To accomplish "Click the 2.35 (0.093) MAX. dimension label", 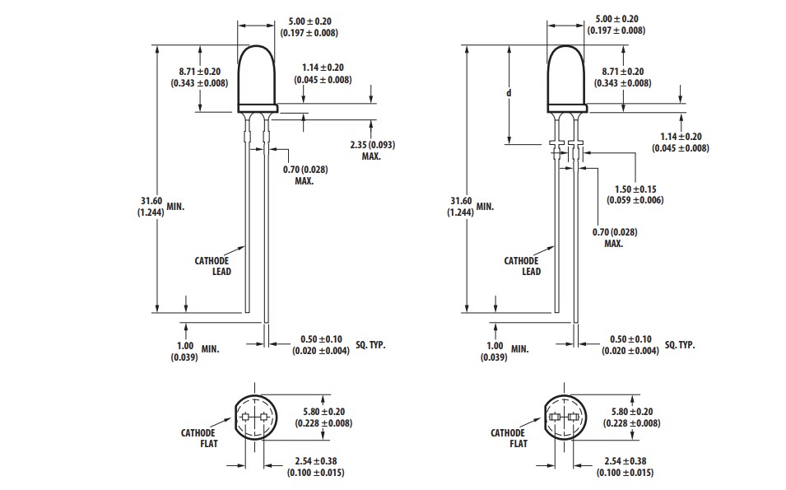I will tap(372, 150).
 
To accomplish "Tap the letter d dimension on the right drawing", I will tap(509, 93).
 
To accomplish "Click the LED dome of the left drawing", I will tap(258, 78).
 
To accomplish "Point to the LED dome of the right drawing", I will tap(567, 78).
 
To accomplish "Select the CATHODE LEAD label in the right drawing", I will tap(521, 266).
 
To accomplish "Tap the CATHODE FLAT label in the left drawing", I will tap(198, 437).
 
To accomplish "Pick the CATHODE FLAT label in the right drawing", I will tap(508, 437).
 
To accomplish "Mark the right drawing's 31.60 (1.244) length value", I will tap(463, 206).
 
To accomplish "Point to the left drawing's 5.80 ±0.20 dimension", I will tap(323, 418).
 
